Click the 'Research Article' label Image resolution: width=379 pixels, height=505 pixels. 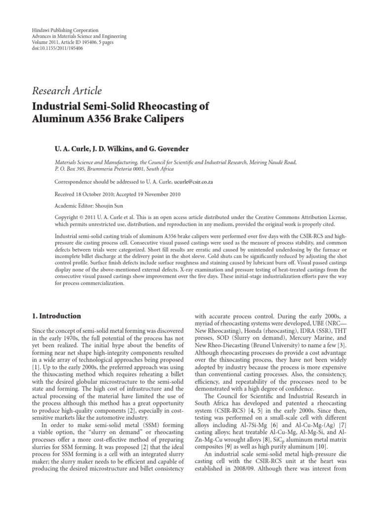click(x=67, y=90)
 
